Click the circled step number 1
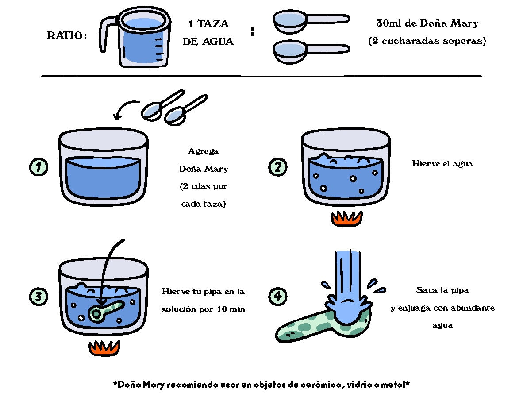tap(38, 167)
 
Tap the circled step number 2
tap(278, 167)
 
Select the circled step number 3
tap(38, 297)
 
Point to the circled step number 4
tap(278, 297)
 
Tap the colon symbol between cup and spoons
tap(253, 31)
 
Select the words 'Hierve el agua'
tap(442, 164)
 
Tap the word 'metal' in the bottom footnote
tap(395, 385)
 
